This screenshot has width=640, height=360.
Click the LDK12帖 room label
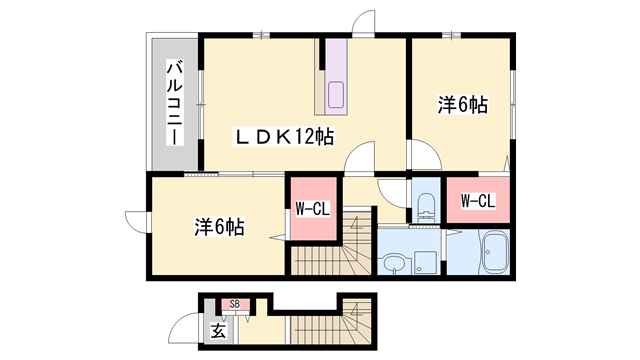(284, 137)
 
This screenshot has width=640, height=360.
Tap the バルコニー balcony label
(175, 102)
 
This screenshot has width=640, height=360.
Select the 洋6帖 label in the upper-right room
(463, 105)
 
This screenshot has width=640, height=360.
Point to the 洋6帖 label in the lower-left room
(220, 227)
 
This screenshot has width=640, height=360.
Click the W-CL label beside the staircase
(313, 209)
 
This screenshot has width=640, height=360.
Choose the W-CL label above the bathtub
(478, 201)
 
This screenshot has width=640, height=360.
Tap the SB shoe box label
(234, 304)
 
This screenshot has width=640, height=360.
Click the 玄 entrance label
(218, 331)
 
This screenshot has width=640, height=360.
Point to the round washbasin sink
(394, 263)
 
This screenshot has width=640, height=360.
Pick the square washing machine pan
(425, 262)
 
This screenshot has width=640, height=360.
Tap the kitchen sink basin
(336, 95)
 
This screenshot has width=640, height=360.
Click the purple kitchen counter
(336, 77)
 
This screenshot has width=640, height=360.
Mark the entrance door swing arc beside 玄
(182, 324)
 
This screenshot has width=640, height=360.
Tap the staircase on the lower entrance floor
(331, 321)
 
